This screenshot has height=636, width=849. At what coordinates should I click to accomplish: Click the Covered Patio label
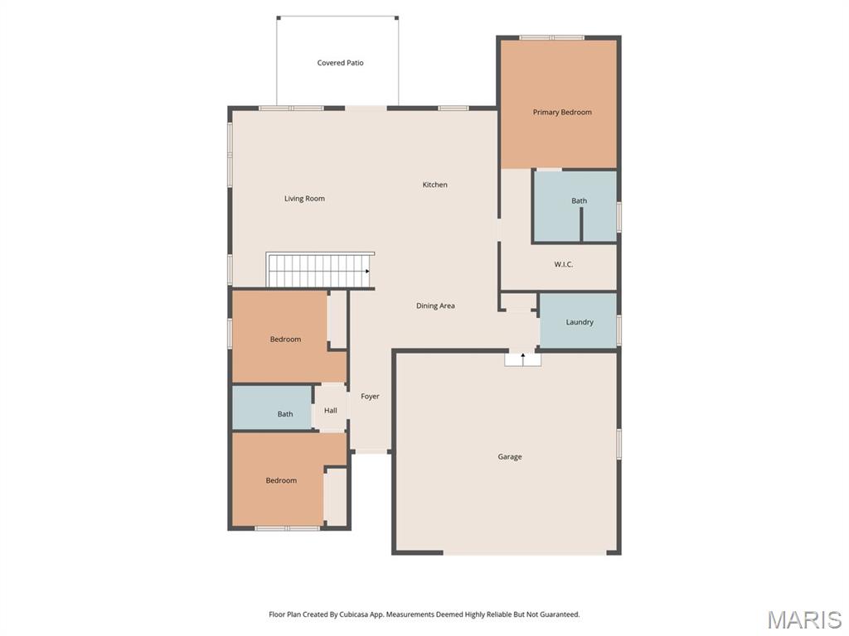coord(340,63)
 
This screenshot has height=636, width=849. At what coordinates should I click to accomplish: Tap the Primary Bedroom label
coord(562,113)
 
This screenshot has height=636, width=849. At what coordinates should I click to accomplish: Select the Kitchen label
coord(434,185)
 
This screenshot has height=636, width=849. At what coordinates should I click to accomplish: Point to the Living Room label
coord(304,199)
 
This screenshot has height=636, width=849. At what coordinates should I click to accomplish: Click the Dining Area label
coord(435,306)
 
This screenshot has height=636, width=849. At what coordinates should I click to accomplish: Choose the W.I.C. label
coord(563,264)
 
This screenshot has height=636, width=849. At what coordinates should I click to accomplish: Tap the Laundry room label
coord(580,322)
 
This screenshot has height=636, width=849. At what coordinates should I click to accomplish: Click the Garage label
coord(510,457)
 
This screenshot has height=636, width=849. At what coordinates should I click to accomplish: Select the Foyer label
coord(370,397)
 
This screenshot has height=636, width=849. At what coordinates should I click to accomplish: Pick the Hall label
coord(330,411)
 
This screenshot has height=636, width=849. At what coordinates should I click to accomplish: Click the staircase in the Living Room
coord(320,270)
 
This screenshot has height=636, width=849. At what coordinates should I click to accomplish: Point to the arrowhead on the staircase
coord(367,271)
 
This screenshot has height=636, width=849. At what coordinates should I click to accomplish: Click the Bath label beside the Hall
coord(285,414)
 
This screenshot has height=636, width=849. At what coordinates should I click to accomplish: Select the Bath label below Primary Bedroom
coord(579,200)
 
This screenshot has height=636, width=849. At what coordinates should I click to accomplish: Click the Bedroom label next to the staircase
coord(285,340)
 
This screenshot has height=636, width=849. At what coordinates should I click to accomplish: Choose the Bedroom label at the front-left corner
coord(281,481)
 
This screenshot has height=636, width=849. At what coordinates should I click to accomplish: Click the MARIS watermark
coord(803,619)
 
